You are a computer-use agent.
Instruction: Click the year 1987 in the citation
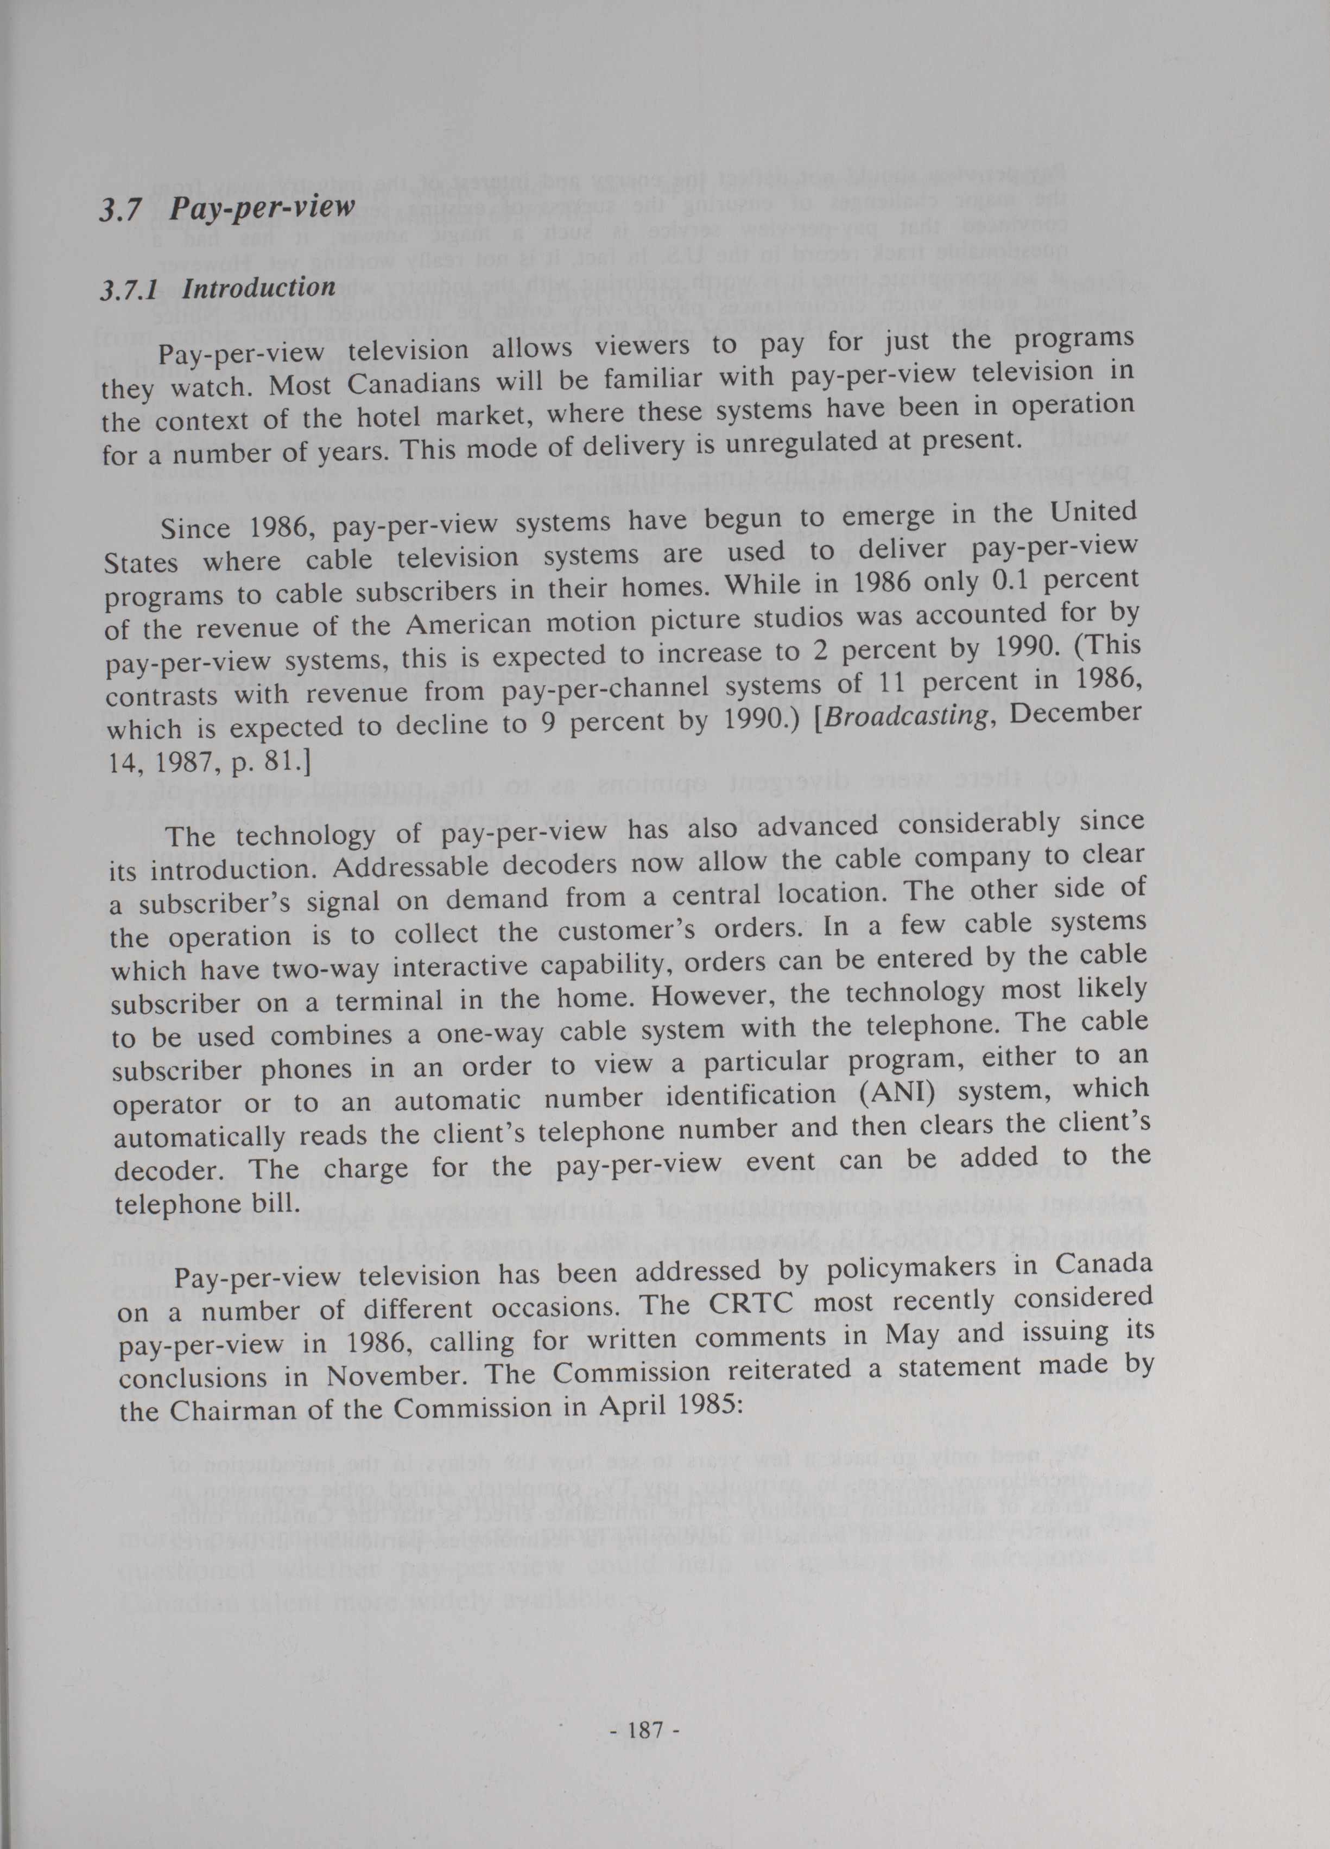tap(184, 763)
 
